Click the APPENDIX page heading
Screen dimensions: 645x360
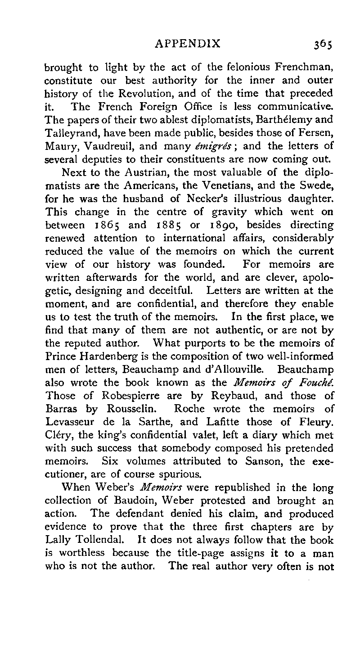[188, 43]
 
